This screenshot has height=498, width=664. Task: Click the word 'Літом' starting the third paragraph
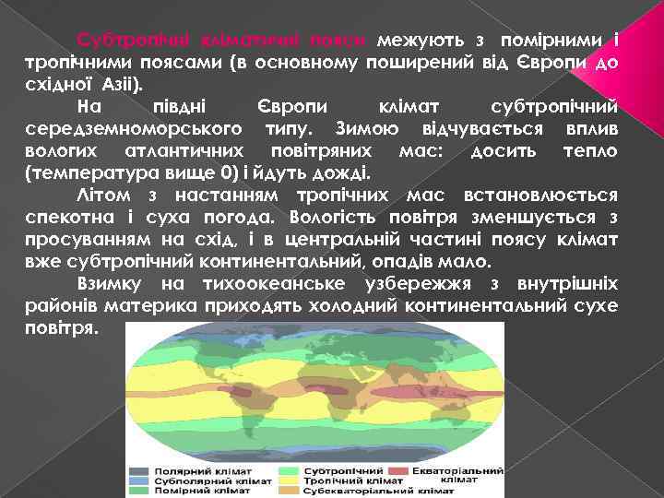pyautogui.click(x=102, y=195)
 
